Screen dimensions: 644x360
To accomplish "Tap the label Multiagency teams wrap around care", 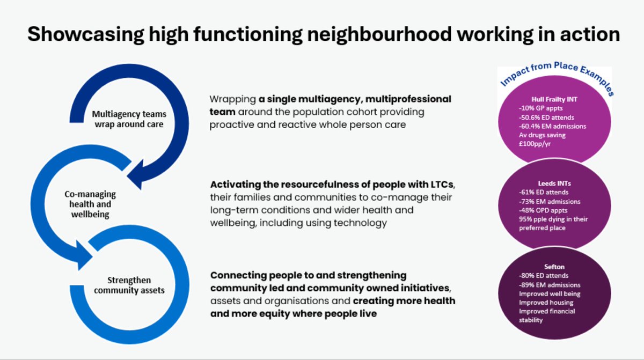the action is pyautogui.click(x=129, y=119).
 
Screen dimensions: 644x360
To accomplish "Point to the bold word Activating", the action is pyautogui.click(x=235, y=184).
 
